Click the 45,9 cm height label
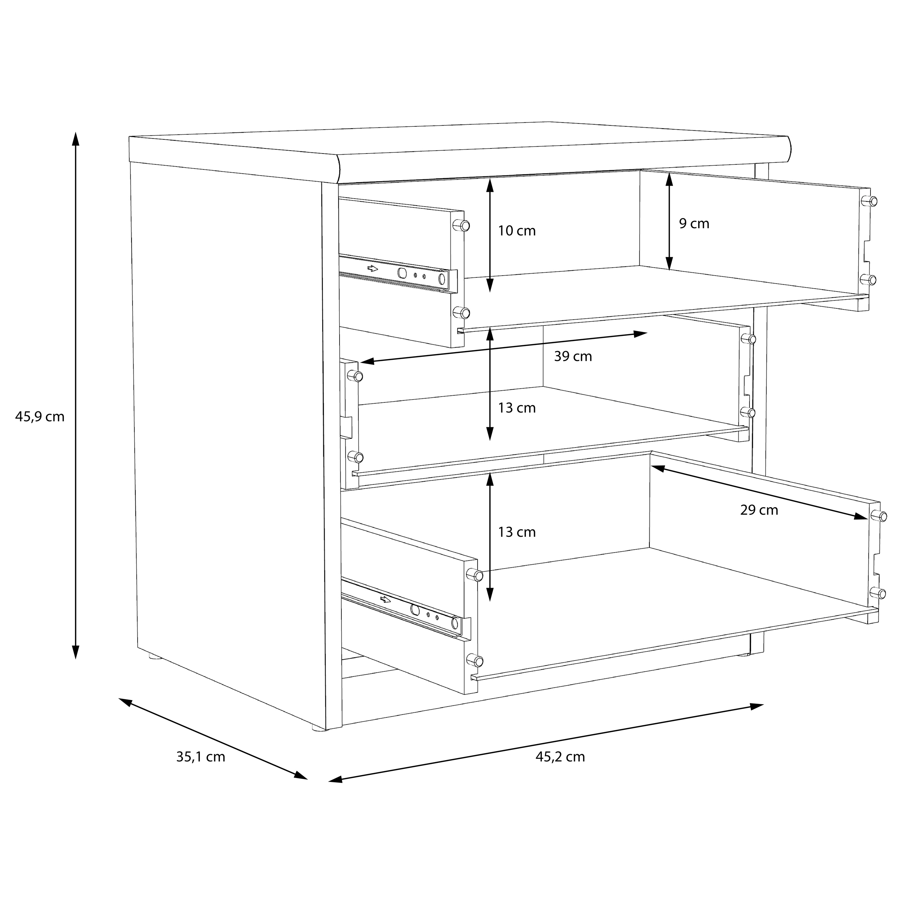40,416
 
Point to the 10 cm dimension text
517,231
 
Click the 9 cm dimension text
694,224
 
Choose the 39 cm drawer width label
573,357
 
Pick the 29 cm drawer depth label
759,510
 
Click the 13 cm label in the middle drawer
517,408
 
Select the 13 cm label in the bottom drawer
517,532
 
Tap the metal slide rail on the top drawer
398,273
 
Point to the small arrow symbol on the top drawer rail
372,268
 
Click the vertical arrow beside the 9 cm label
669,221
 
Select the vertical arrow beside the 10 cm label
490,235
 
